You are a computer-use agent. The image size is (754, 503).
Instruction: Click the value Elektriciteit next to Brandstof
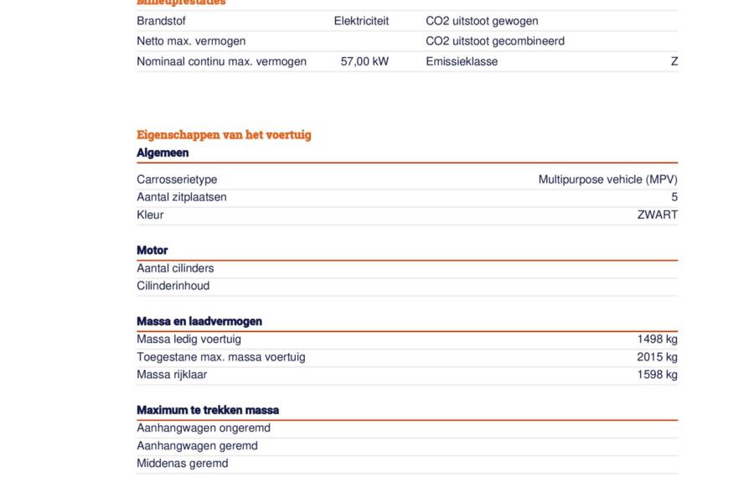361,21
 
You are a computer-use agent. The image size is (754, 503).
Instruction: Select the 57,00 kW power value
364,61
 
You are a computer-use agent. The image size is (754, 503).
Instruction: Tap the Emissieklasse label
462,61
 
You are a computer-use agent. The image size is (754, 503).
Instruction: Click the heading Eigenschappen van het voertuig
224,135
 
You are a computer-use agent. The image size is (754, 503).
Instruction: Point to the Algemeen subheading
163,153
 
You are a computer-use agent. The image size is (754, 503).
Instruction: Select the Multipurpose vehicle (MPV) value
607,179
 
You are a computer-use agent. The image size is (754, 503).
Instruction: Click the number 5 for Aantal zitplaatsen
674,197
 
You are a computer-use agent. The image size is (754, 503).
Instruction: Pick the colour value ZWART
657,215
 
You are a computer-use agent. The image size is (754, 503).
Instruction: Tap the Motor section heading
152,250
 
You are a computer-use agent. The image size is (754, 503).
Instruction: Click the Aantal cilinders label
175,268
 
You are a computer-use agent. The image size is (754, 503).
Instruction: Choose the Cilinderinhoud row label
173,286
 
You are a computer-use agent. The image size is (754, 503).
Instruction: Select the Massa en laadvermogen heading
199,321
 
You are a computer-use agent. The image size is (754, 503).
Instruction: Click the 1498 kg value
657,340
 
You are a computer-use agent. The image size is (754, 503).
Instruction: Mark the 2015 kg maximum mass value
657,357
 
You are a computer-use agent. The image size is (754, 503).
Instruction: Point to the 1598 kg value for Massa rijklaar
657,375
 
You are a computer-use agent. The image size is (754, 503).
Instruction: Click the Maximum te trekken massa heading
208,410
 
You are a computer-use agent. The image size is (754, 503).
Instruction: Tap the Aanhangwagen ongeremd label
204,428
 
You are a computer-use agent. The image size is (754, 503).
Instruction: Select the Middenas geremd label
183,463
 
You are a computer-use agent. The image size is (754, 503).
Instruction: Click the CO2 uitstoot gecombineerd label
495,41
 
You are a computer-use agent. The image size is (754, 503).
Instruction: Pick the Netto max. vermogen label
191,41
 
